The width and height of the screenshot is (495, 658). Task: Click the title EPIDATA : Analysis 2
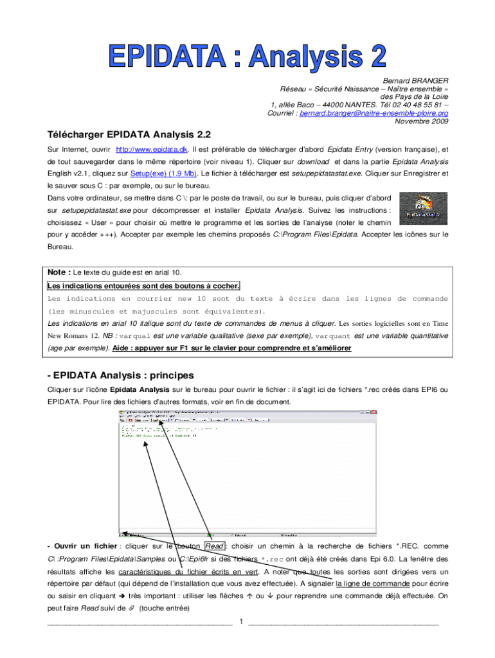coord(248,57)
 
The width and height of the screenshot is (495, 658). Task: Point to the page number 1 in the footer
coord(240,621)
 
